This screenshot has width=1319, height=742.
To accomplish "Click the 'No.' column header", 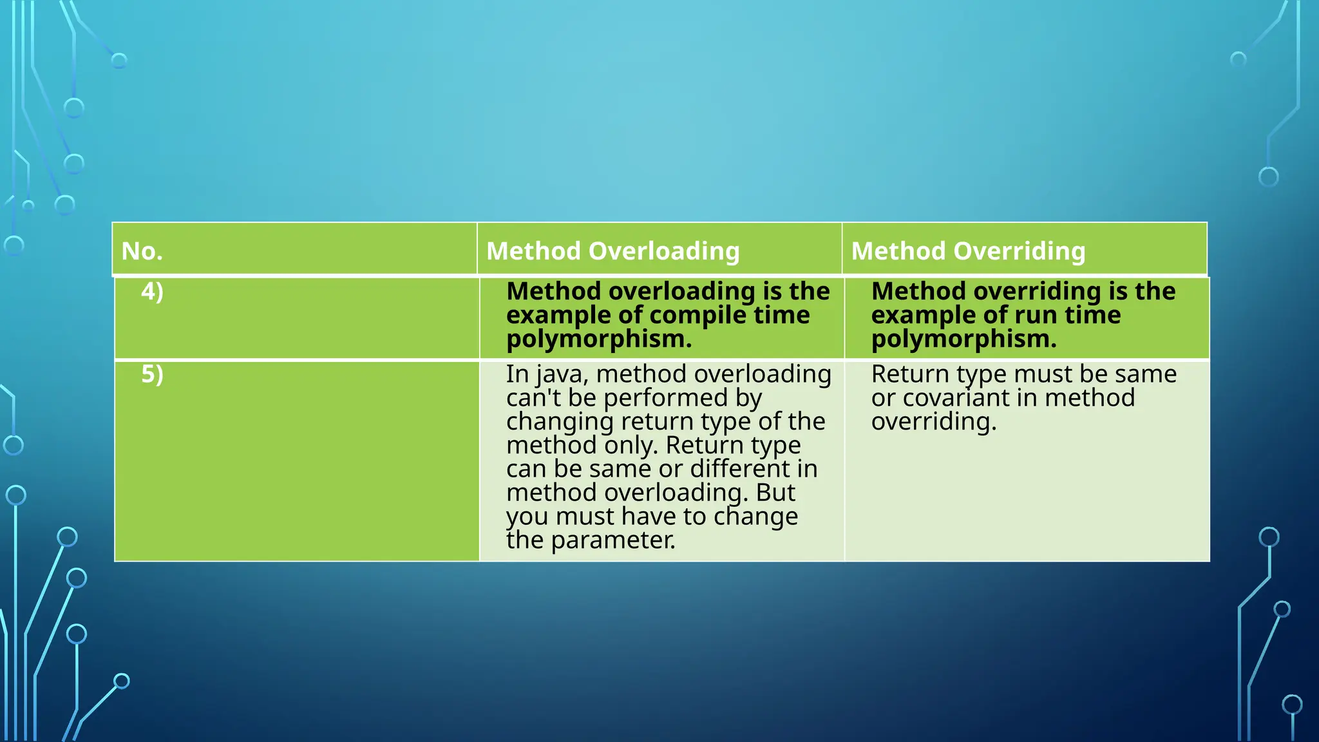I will coord(142,251).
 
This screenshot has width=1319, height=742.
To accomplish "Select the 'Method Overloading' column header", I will coord(612,251).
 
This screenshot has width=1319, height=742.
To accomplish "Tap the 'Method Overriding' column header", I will coord(968,251).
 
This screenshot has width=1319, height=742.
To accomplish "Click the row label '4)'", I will coord(152,292).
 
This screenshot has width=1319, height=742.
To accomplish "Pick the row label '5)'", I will coord(152,374).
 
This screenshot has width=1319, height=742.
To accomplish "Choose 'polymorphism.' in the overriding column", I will coord(963,339).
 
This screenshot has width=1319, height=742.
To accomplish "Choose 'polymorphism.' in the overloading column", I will coord(598,339).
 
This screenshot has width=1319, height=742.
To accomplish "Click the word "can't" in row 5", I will coord(533,398).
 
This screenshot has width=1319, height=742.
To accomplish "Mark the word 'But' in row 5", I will coord(775,493).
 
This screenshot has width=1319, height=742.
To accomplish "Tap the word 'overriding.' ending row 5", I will coord(933,422).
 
